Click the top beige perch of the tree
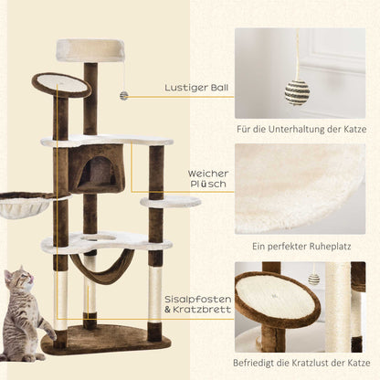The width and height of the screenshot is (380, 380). [89, 50]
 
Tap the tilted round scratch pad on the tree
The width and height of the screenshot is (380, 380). [64, 86]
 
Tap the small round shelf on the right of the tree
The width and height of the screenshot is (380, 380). [169, 201]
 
